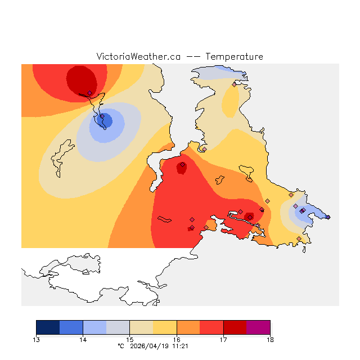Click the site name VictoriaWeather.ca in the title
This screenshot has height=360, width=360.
[x=138, y=57]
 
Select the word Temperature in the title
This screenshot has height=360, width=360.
[x=234, y=57]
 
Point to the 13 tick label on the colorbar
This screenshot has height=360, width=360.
[x=37, y=339]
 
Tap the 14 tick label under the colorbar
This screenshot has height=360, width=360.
[x=83, y=339]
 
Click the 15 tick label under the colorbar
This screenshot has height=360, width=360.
[x=130, y=339]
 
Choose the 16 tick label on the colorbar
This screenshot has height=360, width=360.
[x=177, y=339]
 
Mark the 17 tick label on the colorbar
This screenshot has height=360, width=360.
[x=223, y=339]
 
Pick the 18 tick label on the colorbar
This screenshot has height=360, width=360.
[x=270, y=339]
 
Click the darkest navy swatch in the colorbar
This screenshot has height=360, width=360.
[x=48, y=327]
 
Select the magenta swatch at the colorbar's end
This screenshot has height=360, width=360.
[x=258, y=327]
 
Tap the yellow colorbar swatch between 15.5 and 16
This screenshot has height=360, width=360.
[x=165, y=327]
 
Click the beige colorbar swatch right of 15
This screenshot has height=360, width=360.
[x=141, y=327]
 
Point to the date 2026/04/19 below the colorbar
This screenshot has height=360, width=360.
[x=149, y=346]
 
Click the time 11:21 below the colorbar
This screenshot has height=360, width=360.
[x=180, y=346]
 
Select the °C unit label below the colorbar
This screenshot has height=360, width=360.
[x=120, y=346]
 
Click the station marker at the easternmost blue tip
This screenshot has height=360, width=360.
[x=328, y=217]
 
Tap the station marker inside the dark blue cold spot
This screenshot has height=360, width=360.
[x=102, y=117]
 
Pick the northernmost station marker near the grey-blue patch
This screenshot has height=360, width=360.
[x=234, y=84]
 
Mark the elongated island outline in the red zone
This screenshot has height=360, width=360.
[x=164, y=219]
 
